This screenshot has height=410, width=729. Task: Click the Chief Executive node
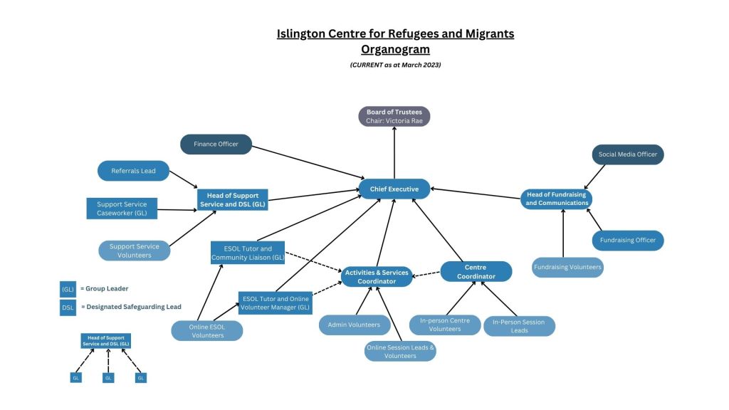point(394,189)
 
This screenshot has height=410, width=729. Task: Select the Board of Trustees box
point(394,116)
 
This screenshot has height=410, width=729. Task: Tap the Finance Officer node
point(216,144)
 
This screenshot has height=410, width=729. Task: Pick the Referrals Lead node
point(133,171)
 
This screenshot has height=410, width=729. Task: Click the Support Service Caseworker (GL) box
point(122,209)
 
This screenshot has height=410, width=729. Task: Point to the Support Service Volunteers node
point(135,251)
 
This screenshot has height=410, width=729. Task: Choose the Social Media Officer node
point(627,154)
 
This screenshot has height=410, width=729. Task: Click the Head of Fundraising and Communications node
point(557,199)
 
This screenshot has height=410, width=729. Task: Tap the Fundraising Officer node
point(627,241)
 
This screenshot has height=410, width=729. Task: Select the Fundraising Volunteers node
point(567,268)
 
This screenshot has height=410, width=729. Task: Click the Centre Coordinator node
point(476,271)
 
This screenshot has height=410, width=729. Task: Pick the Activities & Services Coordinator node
point(377,276)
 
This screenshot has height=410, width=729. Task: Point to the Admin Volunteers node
point(354,325)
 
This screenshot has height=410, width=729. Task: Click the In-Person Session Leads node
point(519,326)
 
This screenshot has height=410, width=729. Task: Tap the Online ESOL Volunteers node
point(207,331)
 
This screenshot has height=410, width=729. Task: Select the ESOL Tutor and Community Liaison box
point(247,253)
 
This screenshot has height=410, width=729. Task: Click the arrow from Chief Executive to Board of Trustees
point(394,152)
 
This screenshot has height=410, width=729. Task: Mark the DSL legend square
point(68,307)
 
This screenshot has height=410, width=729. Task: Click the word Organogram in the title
point(395,49)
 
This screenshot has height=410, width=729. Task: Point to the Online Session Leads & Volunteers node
point(399,352)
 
